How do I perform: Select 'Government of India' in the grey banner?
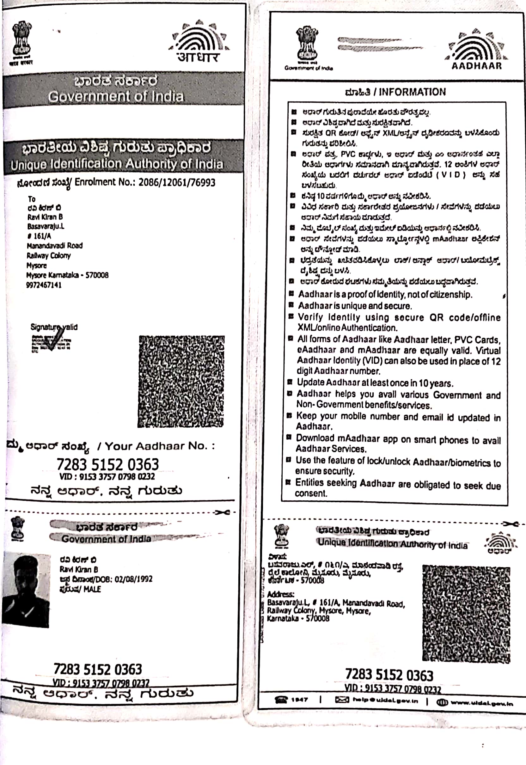pyautogui.click(x=116, y=96)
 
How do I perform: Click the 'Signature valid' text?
pyautogui.click(x=54, y=327)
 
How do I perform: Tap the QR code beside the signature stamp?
pyautogui.click(x=181, y=381)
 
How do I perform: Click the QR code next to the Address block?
pyautogui.click(x=466, y=613)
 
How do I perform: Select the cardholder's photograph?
pyautogui.click(x=26, y=590)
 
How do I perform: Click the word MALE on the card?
pyautogui.click(x=92, y=589)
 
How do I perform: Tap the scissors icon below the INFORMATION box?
pyautogui.click(x=510, y=524)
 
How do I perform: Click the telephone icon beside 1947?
pyautogui.click(x=281, y=700)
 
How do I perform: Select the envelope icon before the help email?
pyautogui.click(x=342, y=700)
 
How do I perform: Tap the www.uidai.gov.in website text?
pyautogui.click(x=481, y=703)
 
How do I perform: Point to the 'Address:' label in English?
pyautogui.click(x=280, y=594)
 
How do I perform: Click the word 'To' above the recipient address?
pyautogui.click(x=32, y=199)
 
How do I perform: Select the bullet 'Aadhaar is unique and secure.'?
pyautogui.click(x=355, y=306)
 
